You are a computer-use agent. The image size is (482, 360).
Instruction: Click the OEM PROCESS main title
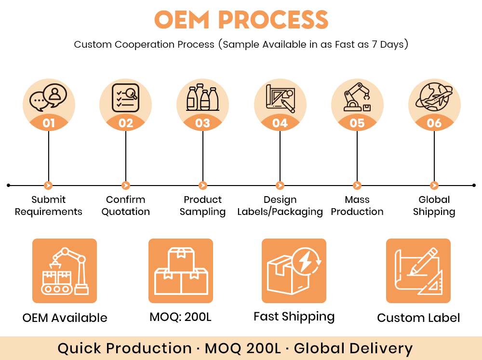coord(241,20)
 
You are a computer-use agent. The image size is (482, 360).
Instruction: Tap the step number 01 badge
coord(49,123)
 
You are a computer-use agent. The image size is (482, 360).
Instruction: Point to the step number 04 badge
coord(280,123)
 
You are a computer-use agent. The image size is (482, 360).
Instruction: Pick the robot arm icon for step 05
coord(357,98)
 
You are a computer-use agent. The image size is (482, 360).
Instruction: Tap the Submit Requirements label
coord(49,206)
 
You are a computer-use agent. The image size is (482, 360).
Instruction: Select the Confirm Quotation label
coord(126,206)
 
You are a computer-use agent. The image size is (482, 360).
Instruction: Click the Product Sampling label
coord(203,206)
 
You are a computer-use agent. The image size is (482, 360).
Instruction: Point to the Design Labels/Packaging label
coord(280,206)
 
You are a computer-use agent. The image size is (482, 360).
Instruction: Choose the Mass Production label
coord(357,206)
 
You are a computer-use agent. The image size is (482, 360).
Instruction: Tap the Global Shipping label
coord(434,206)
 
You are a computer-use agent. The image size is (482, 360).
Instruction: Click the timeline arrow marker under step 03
coord(203,186)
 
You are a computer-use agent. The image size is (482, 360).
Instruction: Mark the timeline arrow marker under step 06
coord(434,186)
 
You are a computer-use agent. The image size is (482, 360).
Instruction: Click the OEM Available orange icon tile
coord(65,271)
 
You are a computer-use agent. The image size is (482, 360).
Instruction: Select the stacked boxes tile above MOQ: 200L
coord(181,271)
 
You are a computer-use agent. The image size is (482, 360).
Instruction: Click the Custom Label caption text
coord(418,318)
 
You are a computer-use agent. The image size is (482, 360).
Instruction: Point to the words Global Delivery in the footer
coord(353,348)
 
